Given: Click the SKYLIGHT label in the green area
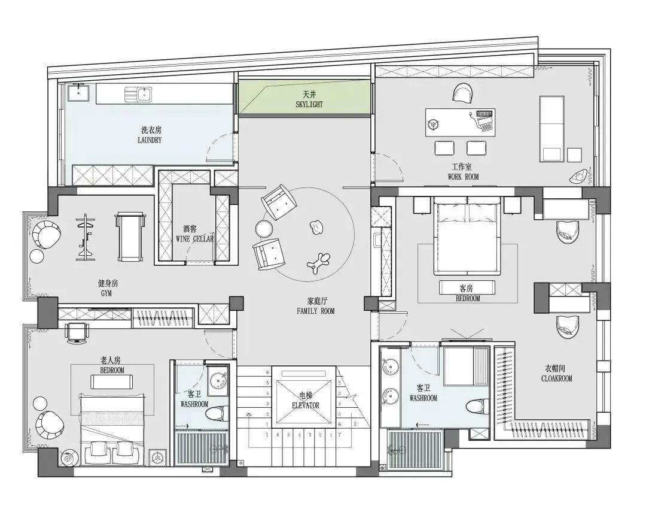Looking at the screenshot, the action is (x=309, y=105).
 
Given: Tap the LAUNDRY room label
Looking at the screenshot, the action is (x=150, y=140).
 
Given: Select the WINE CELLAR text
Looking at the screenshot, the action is (x=194, y=239).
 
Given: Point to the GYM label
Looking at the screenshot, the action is (x=106, y=293).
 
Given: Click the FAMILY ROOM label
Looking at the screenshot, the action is (x=316, y=311).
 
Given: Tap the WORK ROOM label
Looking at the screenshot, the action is (x=464, y=177).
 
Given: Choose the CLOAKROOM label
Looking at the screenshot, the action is (x=557, y=378).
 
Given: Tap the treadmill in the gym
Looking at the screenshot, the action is (x=130, y=237).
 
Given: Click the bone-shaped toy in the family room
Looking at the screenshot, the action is (x=318, y=263).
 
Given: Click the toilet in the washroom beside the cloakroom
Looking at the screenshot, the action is (x=478, y=406).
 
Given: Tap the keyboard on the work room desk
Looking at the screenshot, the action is (x=484, y=113).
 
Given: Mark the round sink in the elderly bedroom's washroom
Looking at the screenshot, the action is (x=217, y=381).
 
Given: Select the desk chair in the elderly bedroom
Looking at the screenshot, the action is (x=77, y=332).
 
